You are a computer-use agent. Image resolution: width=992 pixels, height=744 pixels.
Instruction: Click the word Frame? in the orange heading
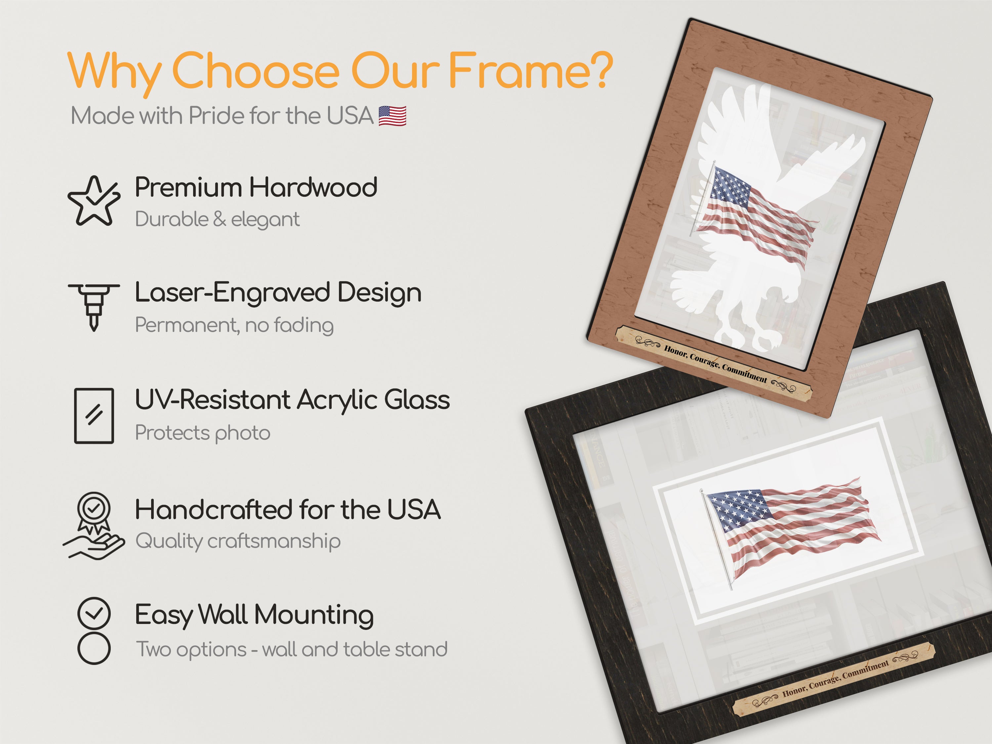pos(530,71)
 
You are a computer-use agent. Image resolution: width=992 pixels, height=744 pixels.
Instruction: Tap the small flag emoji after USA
pos(393,116)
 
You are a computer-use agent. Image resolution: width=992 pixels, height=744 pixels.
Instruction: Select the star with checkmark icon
pos(94,200)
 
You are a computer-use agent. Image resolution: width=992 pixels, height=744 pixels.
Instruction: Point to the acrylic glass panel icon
pos(94,416)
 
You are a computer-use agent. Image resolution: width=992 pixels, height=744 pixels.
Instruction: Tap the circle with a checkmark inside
pos(94,613)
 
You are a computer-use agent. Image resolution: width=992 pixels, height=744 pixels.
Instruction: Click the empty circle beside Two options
pos(94,648)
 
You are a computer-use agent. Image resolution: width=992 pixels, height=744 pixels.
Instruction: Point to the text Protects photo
pos(203,433)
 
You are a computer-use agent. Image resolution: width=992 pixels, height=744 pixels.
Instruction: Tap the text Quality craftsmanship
pos(238,541)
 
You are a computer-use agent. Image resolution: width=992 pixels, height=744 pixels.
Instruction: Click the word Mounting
pos(314,614)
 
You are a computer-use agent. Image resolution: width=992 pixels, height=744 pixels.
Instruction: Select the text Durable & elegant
pos(218,219)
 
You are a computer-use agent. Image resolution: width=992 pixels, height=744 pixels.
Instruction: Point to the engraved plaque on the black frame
pos(834,680)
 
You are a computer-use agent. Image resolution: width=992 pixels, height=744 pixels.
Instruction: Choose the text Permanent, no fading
pos(234,325)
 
